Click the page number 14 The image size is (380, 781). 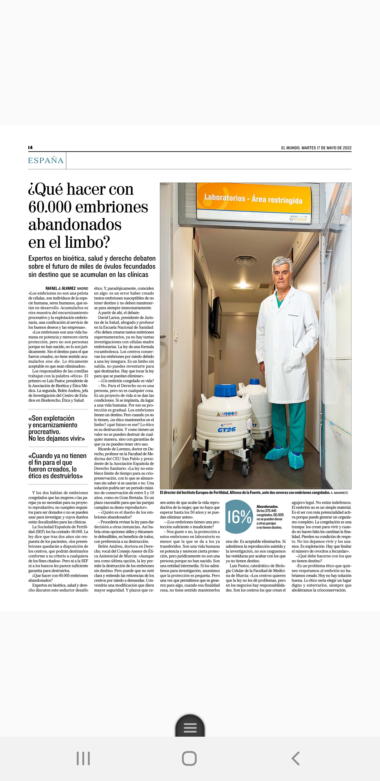click(30, 147)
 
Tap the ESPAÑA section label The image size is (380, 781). click(46, 160)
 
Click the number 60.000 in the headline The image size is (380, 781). click(49, 207)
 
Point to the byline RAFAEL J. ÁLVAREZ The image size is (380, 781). click(60, 288)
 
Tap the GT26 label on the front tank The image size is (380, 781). click(226, 429)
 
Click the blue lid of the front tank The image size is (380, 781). click(225, 390)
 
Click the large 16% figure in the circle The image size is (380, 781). click(239, 517)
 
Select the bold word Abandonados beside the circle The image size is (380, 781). click(267, 507)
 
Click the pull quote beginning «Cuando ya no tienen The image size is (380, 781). click(57, 466)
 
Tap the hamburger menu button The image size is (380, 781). click(190, 727)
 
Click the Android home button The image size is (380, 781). click(189, 758)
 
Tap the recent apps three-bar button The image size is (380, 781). click(83, 758)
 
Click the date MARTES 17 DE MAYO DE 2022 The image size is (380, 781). click(326, 148)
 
